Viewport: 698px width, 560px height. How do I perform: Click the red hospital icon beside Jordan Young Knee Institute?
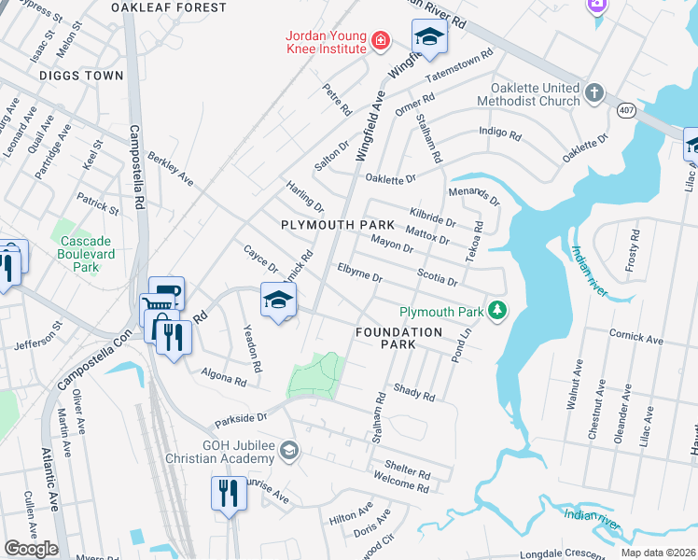379,40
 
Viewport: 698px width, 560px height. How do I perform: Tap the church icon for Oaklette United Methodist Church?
594,93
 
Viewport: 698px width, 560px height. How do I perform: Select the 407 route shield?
623,111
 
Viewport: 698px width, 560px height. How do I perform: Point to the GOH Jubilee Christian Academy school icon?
289,451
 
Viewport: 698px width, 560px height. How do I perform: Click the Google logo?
31,549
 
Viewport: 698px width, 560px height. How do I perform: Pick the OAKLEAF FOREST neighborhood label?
168,7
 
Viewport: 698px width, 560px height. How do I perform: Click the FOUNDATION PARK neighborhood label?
398,338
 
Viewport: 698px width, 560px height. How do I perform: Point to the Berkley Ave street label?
169,165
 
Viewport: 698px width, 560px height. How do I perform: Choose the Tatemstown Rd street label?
458,65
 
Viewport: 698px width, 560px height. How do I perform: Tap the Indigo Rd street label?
499,133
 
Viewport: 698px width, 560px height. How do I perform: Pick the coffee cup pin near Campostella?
166,294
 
